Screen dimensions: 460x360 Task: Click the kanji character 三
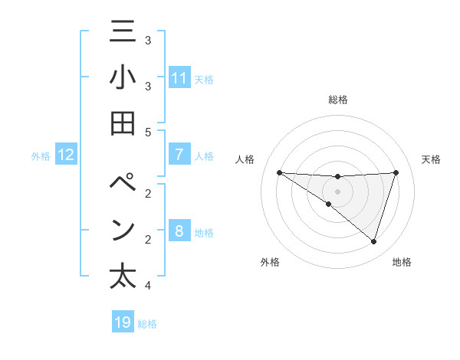[x=123, y=34]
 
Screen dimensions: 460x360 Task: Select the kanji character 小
[x=123, y=78]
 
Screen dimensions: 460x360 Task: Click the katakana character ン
[x=123, y=230]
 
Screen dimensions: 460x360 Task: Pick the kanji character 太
[x=123, y=275]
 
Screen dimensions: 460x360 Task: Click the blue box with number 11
[x=179, y=78]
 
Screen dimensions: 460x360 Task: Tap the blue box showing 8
[x=179, y=231]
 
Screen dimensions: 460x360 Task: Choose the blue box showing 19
[x=123, y=322]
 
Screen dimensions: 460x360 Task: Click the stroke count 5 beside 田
[x=148, y=132]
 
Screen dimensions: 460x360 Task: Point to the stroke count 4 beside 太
[x=148, y=286]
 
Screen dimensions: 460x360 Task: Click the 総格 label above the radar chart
[x=337, y=100]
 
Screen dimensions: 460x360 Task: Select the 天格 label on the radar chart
[x=431, y=159]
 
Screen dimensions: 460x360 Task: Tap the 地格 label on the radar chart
[x=402, y=262]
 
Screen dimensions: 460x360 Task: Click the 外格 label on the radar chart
[x=270, y=262]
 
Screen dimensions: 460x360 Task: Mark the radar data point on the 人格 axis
[x=279, y=172]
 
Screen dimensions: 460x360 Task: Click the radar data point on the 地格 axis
[x=373, y=242]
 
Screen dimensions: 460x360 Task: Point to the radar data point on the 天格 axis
[x=396, y=172]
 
